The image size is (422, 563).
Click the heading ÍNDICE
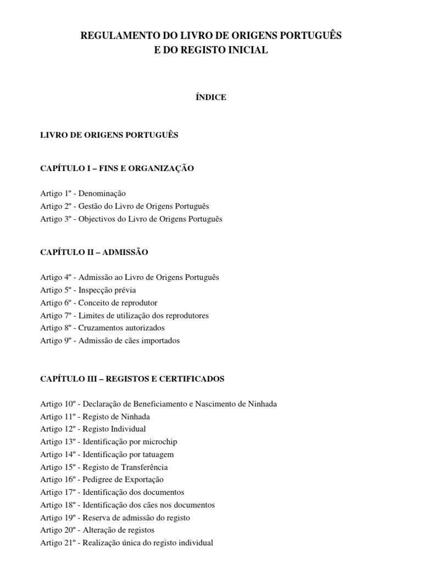[211, 97]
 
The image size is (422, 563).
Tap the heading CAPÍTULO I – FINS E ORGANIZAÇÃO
[117, 168]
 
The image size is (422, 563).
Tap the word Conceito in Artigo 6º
[93, 303]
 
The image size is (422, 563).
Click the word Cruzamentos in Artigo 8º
[101, 328]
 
